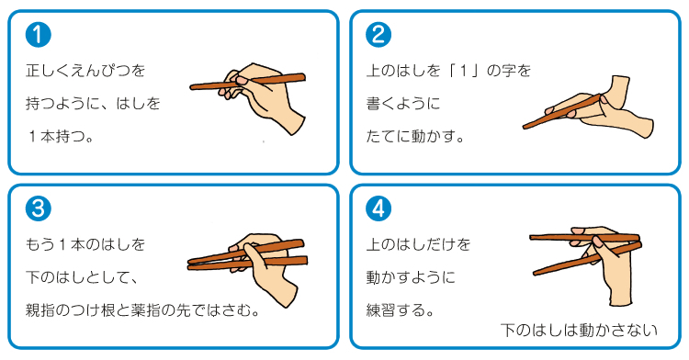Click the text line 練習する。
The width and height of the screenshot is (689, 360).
click(x=401, y=309)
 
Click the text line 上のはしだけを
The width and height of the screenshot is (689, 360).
click(x=418, y=244)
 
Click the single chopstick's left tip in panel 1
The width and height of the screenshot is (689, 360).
click(x=193, y=88)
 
